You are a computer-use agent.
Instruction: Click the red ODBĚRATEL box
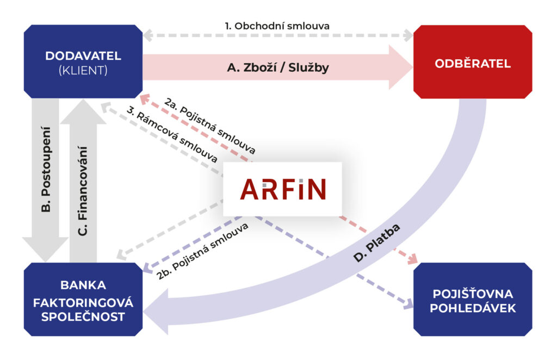472,63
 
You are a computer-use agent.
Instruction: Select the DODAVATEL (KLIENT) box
83,63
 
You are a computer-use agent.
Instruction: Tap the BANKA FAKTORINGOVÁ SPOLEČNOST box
83,300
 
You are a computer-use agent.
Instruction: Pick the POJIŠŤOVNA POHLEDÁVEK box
472,300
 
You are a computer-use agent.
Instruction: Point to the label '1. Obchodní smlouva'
277,26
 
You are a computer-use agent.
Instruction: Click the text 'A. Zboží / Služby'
277,69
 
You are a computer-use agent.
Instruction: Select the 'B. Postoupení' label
46,169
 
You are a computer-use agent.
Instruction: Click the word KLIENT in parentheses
83,70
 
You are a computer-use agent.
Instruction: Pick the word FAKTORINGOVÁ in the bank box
83,301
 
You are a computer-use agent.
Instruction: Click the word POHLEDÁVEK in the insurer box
472,308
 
